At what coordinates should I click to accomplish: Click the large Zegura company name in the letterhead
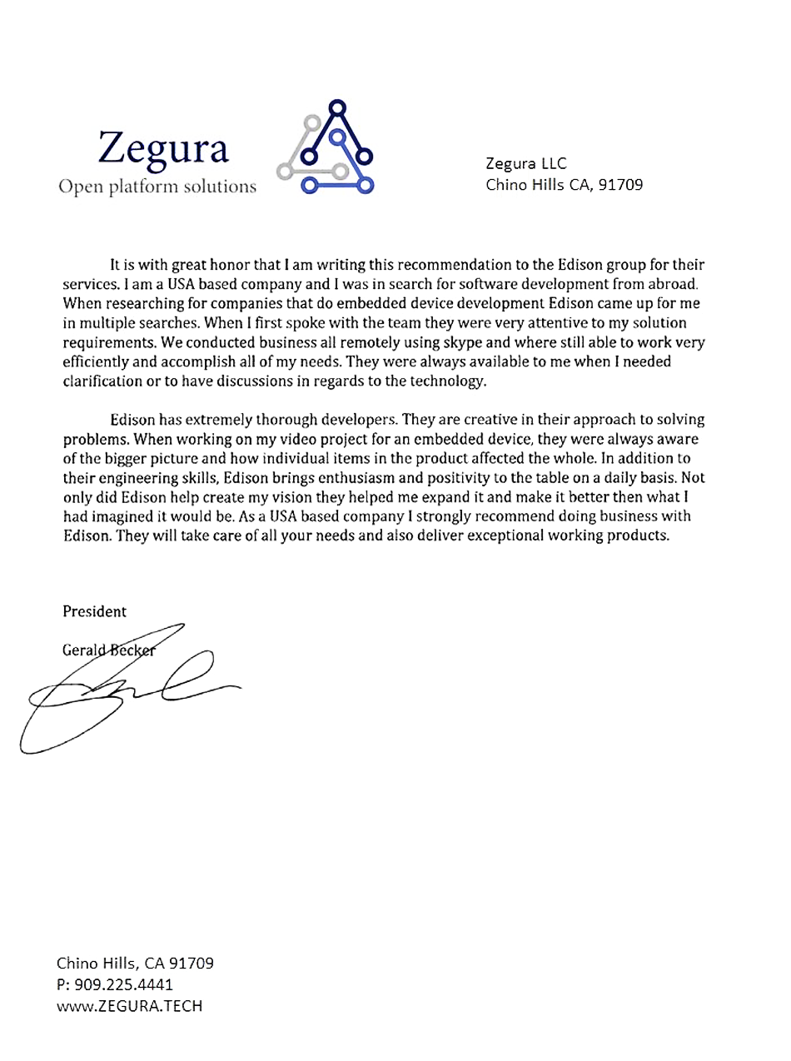pyautogui.click(x=163, y=147)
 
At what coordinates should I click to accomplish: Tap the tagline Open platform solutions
pyautogui.click(x=157, y=185)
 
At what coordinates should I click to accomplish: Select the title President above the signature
pyautogui.click(x=95, y=610)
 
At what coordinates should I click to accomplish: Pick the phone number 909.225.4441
pyautogui.click(x=123, y=984)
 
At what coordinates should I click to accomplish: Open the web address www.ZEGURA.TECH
pyautogui.click(x=129, y=1005)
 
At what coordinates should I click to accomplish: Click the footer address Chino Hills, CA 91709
pyautogui.click(x=135, y=964)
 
